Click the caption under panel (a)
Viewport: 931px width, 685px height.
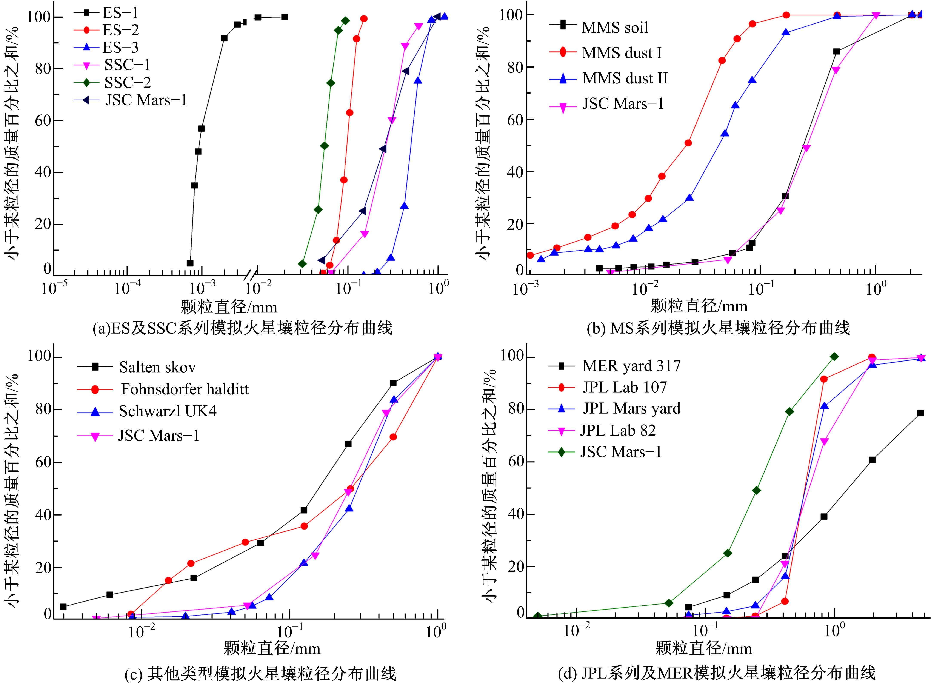pyautogui.click(x=243, y=328)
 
